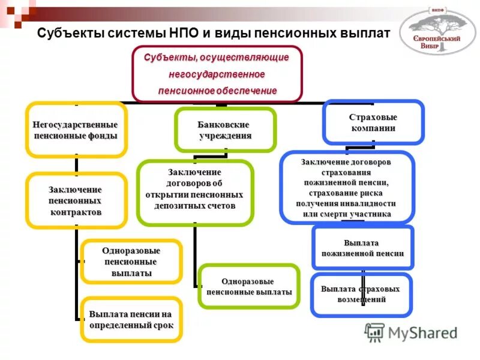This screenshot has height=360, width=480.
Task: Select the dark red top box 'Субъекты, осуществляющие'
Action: click(217, 74)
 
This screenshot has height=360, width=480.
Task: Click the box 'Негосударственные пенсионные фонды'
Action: click(76, 130)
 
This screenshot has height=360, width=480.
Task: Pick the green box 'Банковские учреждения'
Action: click(225, 130)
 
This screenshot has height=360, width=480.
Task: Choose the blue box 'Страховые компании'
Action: click(373, 122)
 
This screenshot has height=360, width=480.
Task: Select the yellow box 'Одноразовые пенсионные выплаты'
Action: click(131, 262)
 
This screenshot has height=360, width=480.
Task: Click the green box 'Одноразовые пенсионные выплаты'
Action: click(248, 286)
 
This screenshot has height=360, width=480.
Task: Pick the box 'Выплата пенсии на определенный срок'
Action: click(131, 320)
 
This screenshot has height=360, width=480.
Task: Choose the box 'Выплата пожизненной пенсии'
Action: click(362, 248)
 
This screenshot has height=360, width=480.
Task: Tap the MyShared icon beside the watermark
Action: click(374, 332)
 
